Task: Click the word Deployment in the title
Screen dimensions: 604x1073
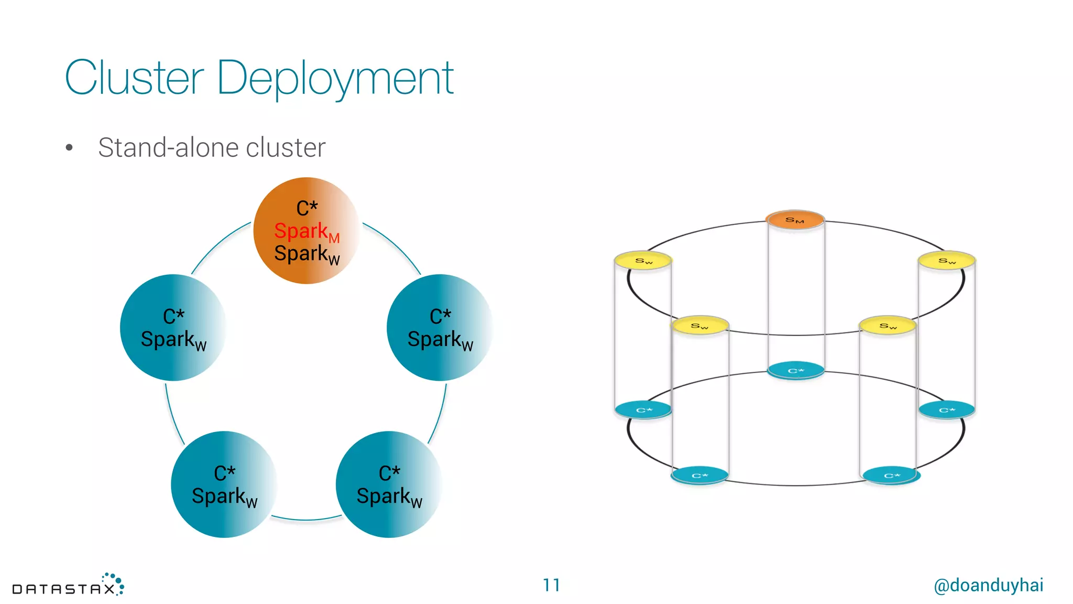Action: (335, 79)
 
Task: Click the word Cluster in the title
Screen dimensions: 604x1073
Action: (134, 79)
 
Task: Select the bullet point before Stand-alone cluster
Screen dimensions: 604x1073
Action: (69, 148)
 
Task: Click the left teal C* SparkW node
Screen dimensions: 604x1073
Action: (173, 328)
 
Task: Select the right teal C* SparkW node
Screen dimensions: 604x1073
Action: (440, 328)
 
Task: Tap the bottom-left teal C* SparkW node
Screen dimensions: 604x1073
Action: (224, 484)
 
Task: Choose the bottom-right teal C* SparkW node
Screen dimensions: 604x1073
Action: (389, 484)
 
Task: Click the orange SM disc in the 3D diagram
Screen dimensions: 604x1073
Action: (795, 220)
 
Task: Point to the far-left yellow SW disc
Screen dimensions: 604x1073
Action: (643, 261)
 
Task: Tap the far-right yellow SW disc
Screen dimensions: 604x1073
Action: (947, 261)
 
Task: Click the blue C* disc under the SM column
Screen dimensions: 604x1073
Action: (795, 370)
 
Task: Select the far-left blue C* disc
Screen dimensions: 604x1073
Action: (643, 409)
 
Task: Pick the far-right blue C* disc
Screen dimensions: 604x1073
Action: (947, 409)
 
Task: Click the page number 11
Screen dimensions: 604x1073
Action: (551, 585)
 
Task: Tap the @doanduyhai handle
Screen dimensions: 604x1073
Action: (988, 585)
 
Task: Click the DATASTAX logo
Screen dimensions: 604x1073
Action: (68, 586)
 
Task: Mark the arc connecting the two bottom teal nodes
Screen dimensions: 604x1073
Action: (306, 520)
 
